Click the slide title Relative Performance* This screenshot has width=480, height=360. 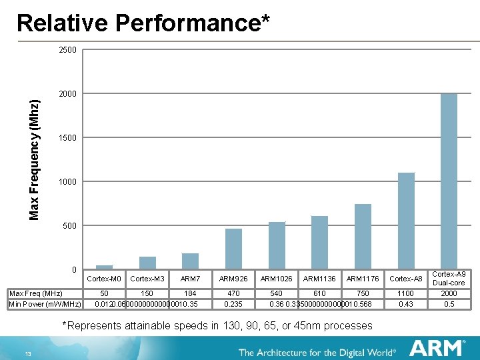click(143, 23)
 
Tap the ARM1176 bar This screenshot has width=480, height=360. click(363, 236)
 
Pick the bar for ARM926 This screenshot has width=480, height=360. click(233, 248)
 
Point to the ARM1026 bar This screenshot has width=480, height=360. click(277, 245)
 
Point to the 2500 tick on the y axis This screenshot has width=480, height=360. click(68, 50)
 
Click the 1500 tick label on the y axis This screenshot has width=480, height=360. click(68, 138)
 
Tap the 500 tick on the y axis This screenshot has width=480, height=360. click(70, 226)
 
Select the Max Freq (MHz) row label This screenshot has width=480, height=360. click(35, 293)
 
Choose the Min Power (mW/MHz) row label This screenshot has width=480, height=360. click(44, 304)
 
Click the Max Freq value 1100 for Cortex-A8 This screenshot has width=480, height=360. click(406, 293)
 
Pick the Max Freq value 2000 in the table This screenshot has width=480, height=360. click(449, 293)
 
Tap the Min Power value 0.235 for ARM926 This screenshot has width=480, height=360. click(233, 304)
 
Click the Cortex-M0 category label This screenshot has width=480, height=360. click(104, 278)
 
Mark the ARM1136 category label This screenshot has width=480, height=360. click(320, 278)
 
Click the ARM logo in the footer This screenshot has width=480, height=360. click(437, 348)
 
